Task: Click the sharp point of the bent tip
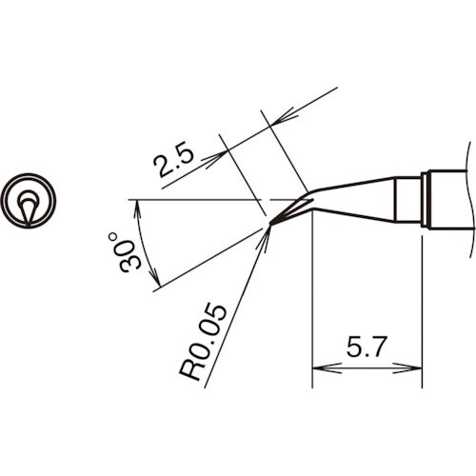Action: pos(270,225)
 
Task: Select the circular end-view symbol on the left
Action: pos(30,202)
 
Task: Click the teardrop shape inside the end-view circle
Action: pos(30,205)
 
